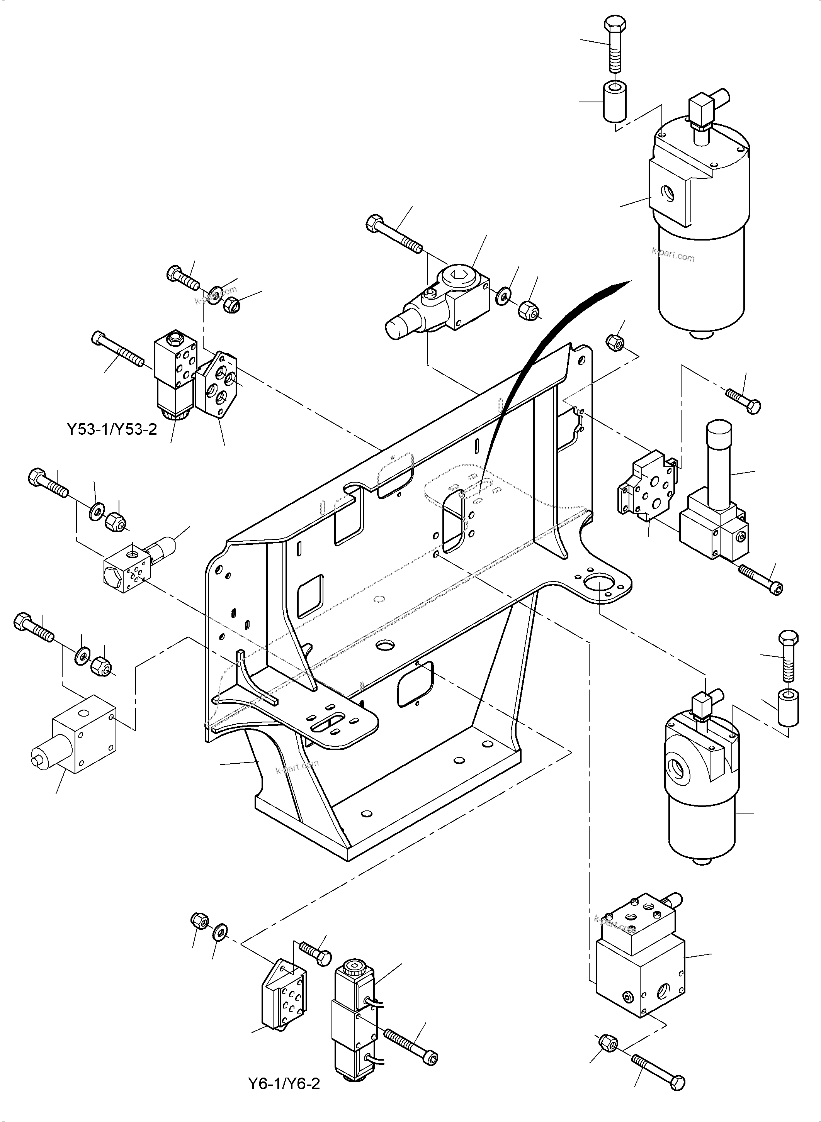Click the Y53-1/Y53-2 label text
pos(112,429)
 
